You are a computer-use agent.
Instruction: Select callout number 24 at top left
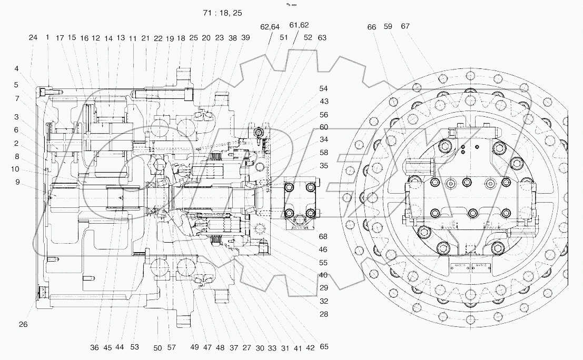pyautogui.click(x=33, y=37)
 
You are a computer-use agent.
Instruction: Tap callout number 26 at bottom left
pyautogui.click(x=23, y=324)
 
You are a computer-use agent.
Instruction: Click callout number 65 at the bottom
pyautogui.click(x=324, y=347)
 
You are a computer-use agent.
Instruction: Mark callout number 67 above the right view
pyautogui.click(x=404, y=26)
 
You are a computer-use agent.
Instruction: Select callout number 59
pyautogui.click(x=389, y=26)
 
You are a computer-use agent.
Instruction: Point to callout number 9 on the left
pyautogui.click(x=17, y=182)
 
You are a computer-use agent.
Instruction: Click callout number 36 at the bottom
pyautogui.click(x=94, y=347)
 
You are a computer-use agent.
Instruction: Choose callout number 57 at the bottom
pyautogui.click(x=172, y=347)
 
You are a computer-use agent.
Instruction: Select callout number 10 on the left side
pyautogui.click(x=16, y=169)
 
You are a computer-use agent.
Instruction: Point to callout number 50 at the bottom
pyautogui.click(x=158, y=347)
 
